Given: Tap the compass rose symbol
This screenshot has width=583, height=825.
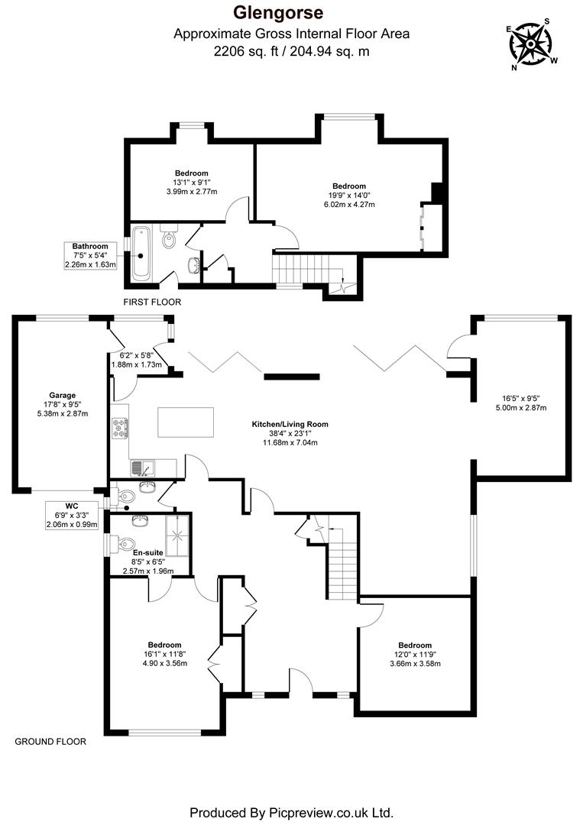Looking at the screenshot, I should pyautogui.click(x=531, y=44).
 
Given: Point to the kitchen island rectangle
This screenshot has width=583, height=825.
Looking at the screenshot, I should pyautogui.click(x=187, y=422).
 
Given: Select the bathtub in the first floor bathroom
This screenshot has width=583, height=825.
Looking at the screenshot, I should pyautogui.click(x=141, y=253).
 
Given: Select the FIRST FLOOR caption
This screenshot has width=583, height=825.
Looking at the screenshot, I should pyautogui.click(x=152, y=302).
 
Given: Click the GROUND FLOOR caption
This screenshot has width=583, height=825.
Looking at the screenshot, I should pyautogui.click(x=51, y=741).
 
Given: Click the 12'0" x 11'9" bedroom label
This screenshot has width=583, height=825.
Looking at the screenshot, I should pyautogui.click(x=414, y=654).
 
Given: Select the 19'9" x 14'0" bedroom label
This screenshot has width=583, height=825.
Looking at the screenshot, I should pyautogui.click(x=348, y=194).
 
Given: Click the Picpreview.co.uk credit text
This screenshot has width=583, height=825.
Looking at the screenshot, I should pyautogui.click(x=291, y=811).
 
